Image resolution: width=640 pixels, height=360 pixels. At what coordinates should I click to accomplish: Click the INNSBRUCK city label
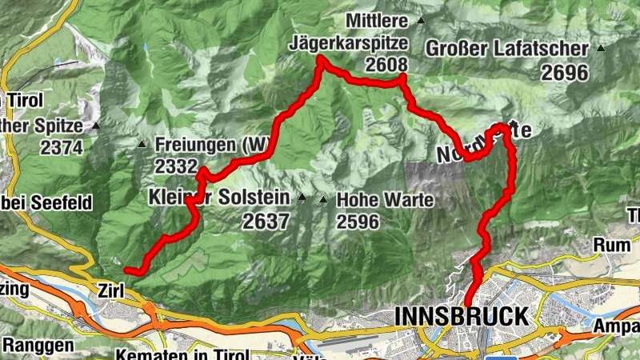[x=461, y=315]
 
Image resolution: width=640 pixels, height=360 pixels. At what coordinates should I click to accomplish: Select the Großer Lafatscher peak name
[x=506, y=49]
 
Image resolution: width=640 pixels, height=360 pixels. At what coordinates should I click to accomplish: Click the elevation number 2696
[x=564, y=73]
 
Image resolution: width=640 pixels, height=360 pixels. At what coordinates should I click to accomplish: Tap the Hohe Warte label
[x=386, y=200]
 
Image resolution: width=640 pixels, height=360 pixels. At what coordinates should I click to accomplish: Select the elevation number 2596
[x=358, y=222]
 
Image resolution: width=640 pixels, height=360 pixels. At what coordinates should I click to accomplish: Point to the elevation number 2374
[x=62, y=147]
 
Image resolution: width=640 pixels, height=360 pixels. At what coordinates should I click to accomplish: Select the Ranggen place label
[x=38, y=346]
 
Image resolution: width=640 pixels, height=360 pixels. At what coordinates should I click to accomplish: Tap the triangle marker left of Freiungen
[x=142, y=145]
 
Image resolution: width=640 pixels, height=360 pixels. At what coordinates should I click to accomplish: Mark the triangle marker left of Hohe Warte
[x=323, y=199]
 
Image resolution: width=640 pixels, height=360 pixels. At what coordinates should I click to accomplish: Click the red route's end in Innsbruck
[x=467, y=302]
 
